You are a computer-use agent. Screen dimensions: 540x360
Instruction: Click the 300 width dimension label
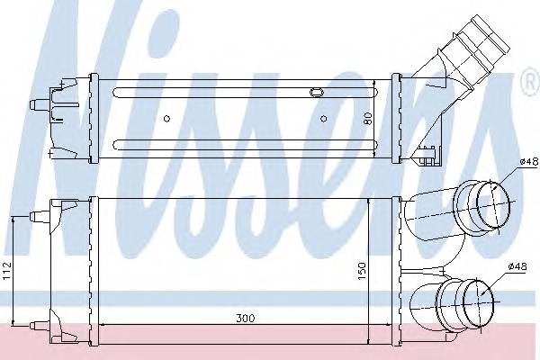(x=246, y=319)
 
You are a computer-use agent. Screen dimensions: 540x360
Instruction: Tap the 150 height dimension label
(x=362, y=271)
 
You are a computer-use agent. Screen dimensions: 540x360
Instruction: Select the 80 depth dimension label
(x=368, y=119)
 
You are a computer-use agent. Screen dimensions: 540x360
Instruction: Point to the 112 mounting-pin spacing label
(x=7, y=271)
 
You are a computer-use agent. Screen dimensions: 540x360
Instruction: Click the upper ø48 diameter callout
(x=528, y=161)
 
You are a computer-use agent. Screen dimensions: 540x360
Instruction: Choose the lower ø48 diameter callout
(x=517, y=266)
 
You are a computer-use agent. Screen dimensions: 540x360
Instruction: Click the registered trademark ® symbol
(x=531, y=82)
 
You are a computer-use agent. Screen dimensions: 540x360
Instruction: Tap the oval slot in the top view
(x=317, y=92)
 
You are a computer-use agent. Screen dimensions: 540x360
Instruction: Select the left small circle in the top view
(x=166, y=119)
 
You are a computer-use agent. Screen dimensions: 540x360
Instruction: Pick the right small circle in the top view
(x=323, y=119)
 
